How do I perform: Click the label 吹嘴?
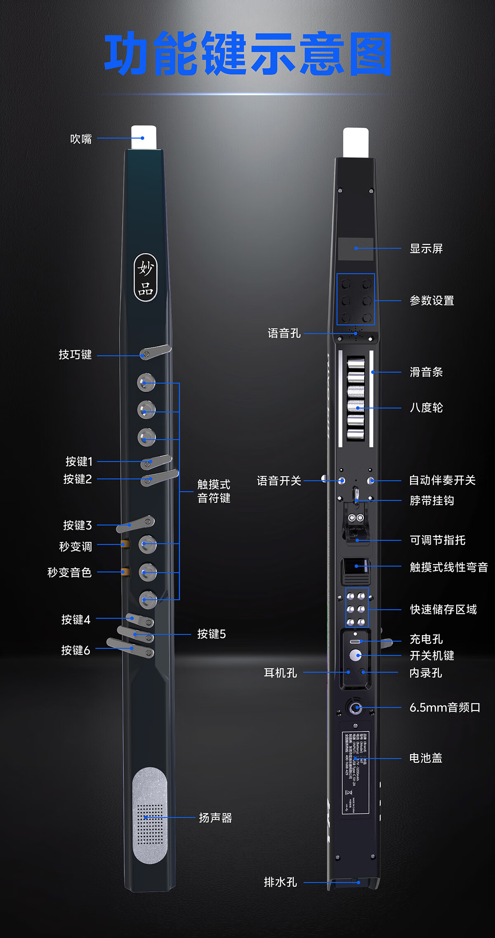point(81,139)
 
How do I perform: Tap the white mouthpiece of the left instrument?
point(144,137)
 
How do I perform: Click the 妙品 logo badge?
point(146,277)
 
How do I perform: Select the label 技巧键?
point(75,354)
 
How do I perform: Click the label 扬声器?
point(215,818)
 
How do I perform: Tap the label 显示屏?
point(426,249)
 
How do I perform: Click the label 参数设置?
point(432,300)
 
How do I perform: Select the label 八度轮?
point(426,408)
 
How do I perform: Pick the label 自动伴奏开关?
point(442,480)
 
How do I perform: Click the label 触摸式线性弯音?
point(449,567)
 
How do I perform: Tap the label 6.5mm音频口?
point(445,708)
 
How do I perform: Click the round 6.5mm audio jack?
point(355,708)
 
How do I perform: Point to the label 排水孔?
point(280,882)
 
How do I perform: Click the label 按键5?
point(211,634)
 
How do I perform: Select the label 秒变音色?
point(69,572)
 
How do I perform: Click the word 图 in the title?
point(370,54)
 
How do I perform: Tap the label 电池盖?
point(426,758)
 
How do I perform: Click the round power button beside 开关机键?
point(355,655)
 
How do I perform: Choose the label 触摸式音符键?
point(214,491)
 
